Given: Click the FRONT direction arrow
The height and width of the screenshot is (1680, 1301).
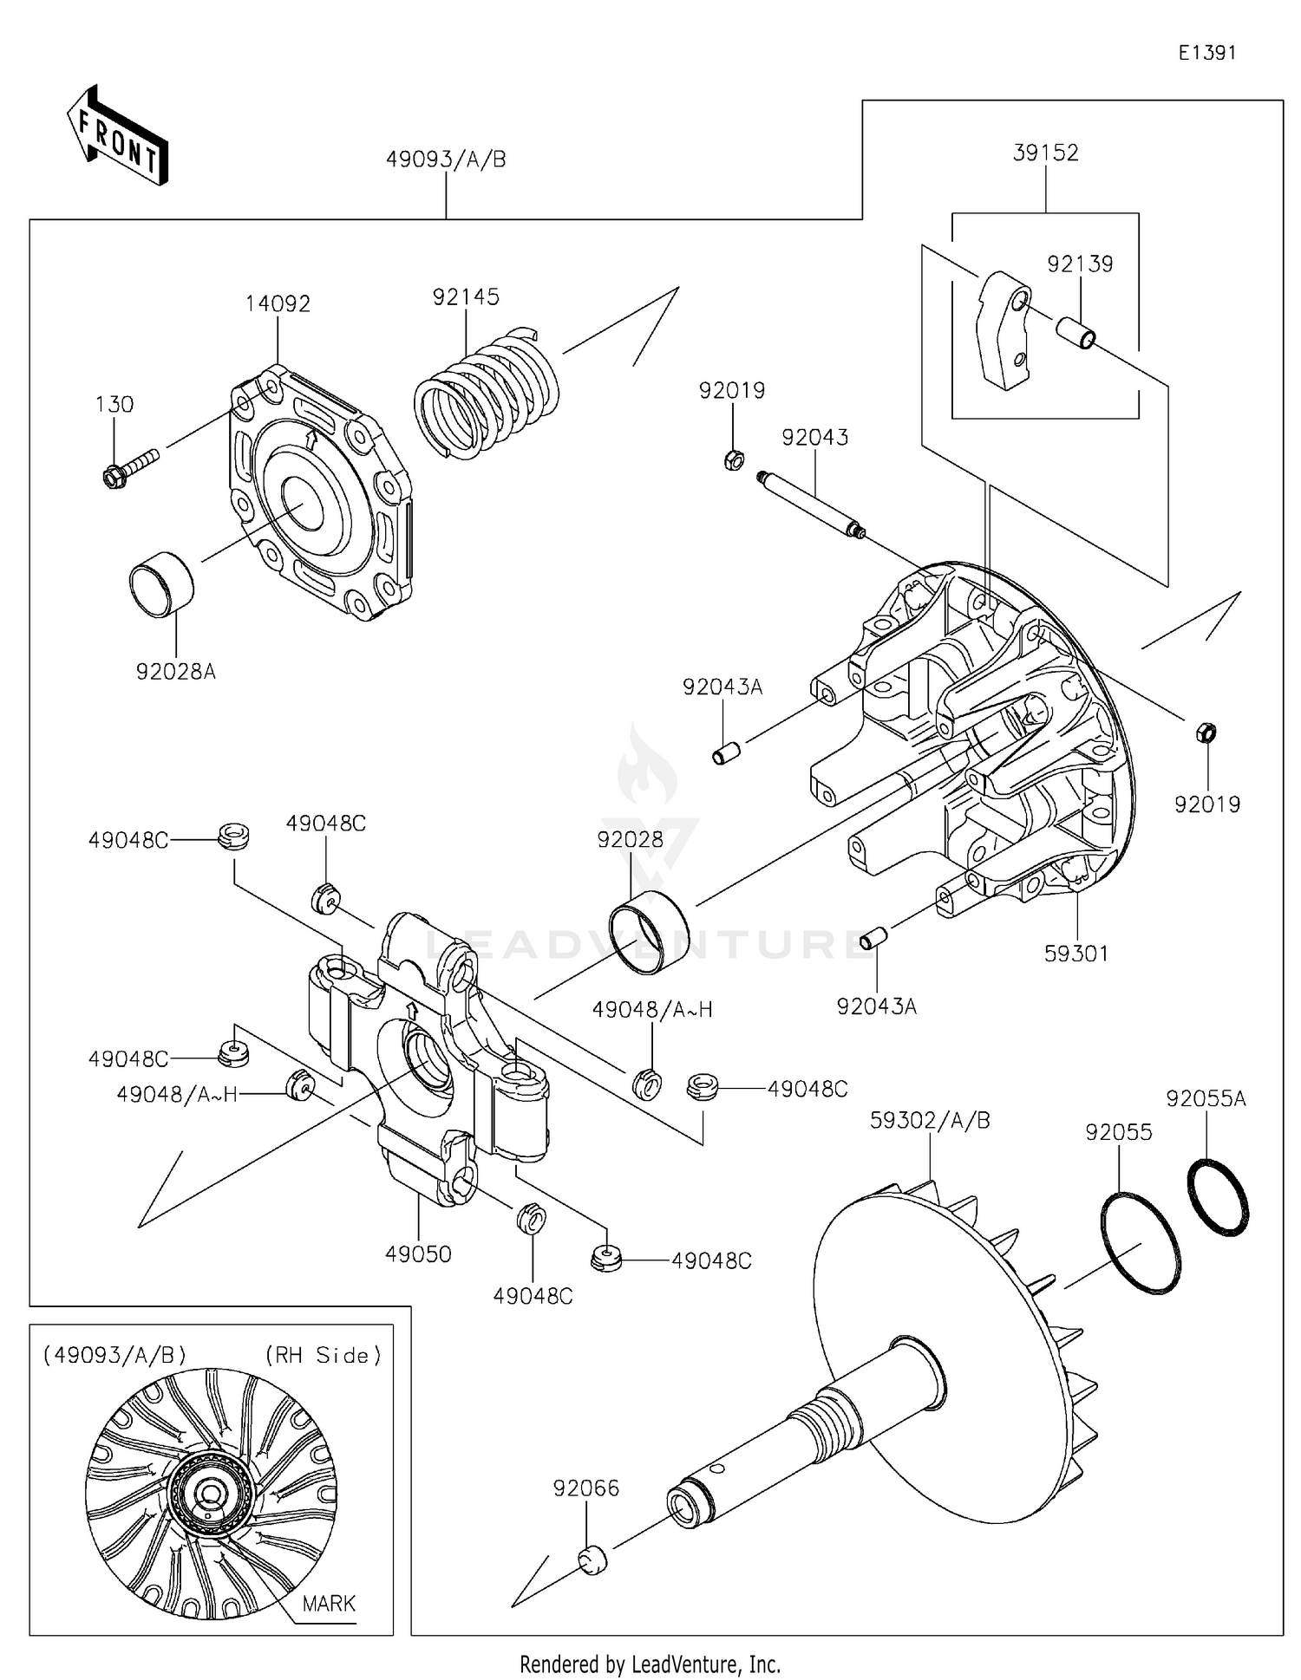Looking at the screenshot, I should pos(118,137).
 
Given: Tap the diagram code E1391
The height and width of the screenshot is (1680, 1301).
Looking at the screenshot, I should pos(1206,53).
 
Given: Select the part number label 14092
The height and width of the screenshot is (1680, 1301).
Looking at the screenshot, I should pos(278,303).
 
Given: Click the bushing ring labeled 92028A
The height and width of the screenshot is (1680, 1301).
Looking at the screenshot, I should pos(162,583).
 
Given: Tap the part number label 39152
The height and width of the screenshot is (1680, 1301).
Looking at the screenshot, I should pos(1046,153).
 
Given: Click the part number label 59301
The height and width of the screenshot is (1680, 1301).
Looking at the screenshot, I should pos(1076,953).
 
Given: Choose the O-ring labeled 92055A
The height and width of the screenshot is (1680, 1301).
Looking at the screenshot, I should pos(1217,1196).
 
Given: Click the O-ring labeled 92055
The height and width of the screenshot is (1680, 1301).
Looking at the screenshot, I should pos(1141,1243).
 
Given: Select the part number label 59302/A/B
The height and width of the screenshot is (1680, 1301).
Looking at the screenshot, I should pos(930,1120).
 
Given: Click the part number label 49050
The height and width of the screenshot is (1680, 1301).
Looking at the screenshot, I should pos(418,1253).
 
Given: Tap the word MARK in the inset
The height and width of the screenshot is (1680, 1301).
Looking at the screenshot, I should pos(329,1603).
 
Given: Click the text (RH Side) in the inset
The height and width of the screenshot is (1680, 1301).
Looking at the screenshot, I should pos(323,1355).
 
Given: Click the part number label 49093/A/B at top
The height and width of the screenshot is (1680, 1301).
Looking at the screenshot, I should pos(446,160).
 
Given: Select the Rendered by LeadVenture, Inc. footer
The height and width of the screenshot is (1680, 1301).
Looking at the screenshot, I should pos(650,1663).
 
